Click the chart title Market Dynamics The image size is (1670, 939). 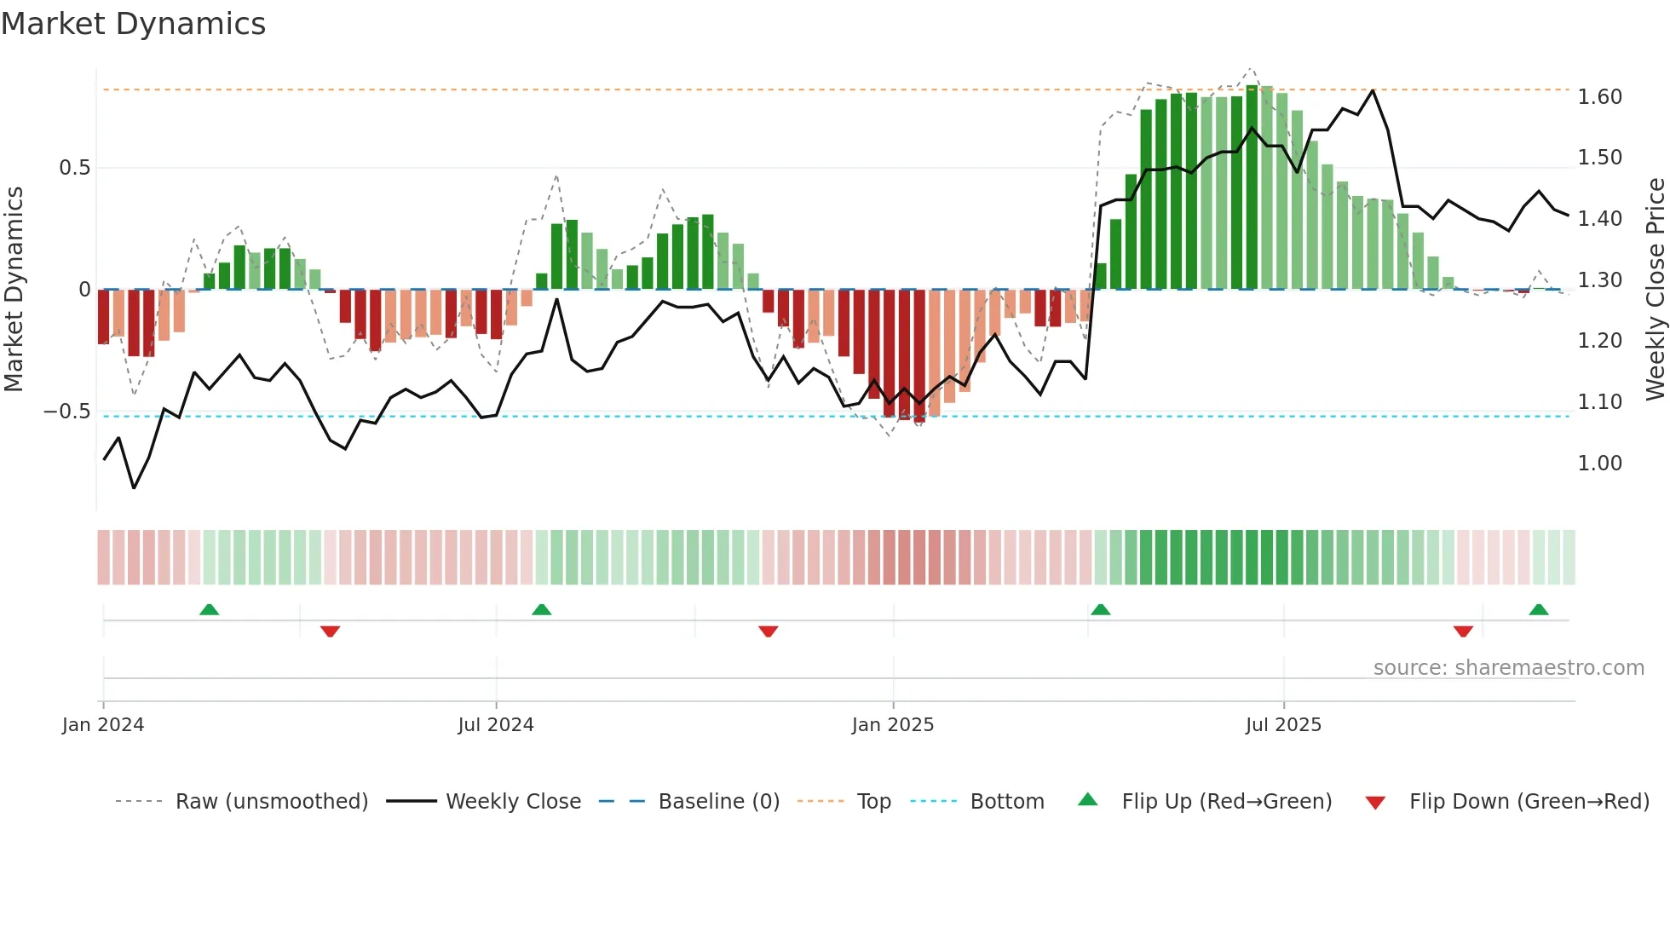click(133, 24)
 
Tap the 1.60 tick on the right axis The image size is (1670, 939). click(1599, 97)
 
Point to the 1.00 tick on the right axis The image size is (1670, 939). click(1599, 464)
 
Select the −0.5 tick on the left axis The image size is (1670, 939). click(67, 412)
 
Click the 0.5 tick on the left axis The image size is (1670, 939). click(74, 168)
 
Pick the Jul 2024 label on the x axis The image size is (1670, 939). click(495, 725)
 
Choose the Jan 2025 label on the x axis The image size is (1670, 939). click(892, 725)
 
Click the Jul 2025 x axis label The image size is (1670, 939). click(1282, 725)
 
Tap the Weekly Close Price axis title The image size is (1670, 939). click(1655, 289)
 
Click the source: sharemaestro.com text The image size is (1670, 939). click(1508, 668)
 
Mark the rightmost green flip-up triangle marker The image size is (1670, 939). click(1538, 609)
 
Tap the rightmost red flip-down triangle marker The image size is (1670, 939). click(1463, 631)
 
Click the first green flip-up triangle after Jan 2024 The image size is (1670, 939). click(209, 609)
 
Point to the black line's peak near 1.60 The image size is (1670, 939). click(1373, 90)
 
